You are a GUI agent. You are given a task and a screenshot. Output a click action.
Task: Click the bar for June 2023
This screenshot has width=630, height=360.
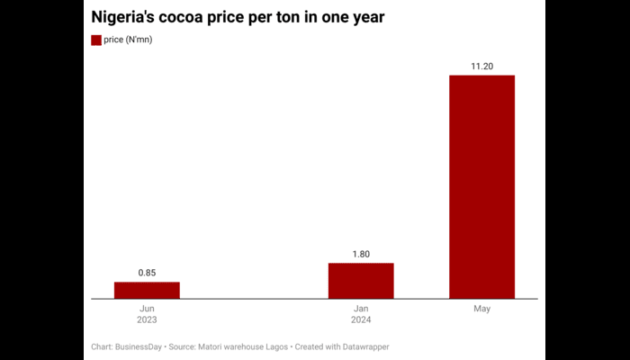click(147, 289)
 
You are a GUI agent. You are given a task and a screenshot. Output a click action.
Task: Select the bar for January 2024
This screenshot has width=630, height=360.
click(361, 280)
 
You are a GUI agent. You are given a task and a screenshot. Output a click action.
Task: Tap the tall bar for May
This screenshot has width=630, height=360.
click(481, 186)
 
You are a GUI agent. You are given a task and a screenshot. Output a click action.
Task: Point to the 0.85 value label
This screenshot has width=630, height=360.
click(147, 272)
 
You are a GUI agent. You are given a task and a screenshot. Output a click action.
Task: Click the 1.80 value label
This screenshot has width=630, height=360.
click(361, 253)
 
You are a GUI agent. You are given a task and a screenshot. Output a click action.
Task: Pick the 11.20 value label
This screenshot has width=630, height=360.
click(481, 65)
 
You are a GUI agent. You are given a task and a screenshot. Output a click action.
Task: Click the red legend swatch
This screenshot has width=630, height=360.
click(96, 40)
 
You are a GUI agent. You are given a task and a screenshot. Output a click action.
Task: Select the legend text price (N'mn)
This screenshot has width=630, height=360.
click(128, 40)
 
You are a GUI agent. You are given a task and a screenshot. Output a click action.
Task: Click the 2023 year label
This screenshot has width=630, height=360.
click(147, 320)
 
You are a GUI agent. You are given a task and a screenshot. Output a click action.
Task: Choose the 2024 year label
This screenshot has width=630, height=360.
click(361, 320)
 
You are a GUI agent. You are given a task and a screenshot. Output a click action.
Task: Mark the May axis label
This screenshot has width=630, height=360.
click(481, 309)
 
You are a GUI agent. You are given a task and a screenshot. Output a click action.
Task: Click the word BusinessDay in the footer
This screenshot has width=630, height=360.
click(141, 346)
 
